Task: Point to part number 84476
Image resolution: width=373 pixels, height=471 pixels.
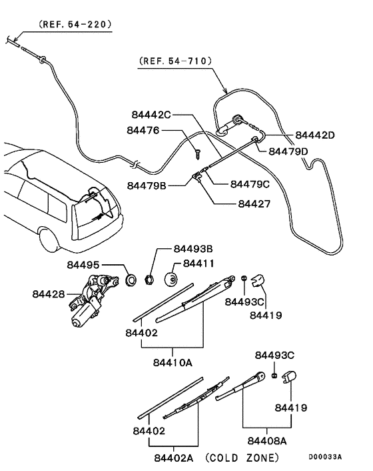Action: (x=143, y=131)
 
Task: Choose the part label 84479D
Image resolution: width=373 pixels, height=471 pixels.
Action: (x=288, y=152)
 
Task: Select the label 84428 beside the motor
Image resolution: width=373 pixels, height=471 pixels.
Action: (x=49, y=293)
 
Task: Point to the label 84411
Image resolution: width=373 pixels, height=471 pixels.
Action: (x=198, y=264)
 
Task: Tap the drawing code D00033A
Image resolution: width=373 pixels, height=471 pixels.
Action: (x=324, y=457)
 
